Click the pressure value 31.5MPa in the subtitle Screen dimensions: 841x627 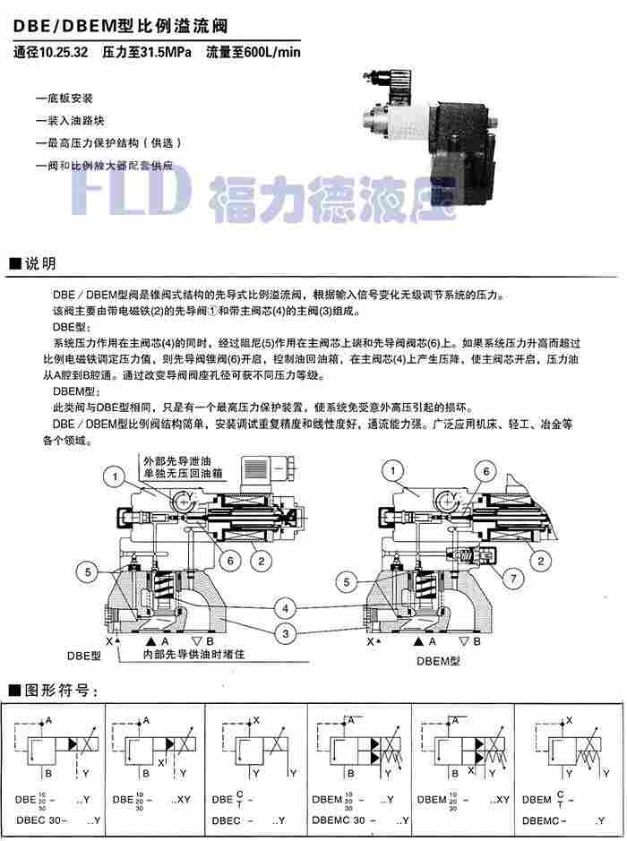pos(164,53)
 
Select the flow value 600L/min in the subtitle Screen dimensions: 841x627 pos(266,53)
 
